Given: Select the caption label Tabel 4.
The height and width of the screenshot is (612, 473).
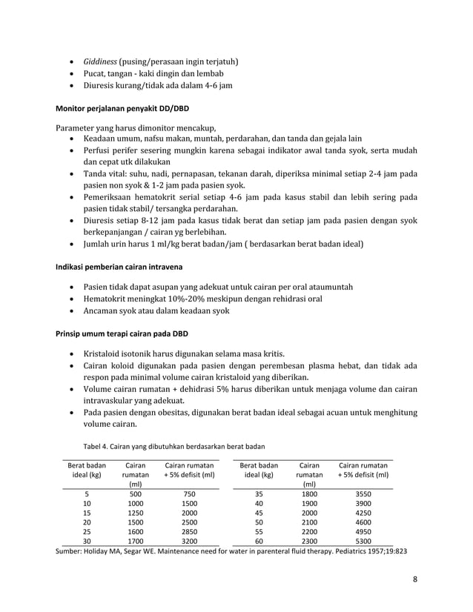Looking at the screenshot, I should click(x=100, y=445).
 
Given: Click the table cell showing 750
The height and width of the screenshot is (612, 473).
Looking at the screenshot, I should click(x=189, y=495).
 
